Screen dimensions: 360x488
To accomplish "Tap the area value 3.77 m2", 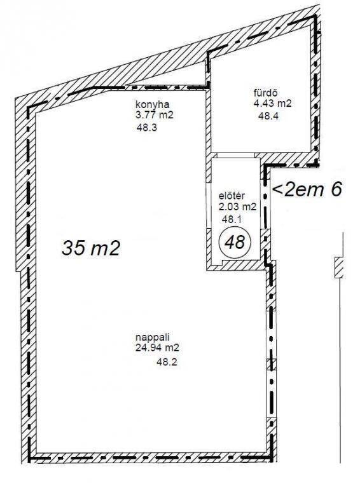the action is click(x=154, y=116).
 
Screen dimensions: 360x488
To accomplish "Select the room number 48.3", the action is click(x=146, y=127).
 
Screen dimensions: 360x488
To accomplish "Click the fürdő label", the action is click(x=265, y=93).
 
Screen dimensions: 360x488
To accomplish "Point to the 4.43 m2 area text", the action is click(x=272, y=104).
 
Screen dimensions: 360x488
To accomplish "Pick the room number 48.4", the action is click(x=268, y=116).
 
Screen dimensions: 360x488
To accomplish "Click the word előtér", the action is click(x=232, y=196).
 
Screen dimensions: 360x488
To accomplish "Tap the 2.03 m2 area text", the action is click(x=238, y=207).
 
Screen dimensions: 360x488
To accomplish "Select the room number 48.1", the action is click(x=232, y=219).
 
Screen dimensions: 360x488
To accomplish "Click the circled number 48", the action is click(x=235, y=242).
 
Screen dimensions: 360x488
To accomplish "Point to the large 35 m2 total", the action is click(x=90, y=248).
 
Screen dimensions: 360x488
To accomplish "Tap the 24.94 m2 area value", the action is click(x=157, y=348).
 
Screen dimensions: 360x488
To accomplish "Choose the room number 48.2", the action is click(x=167, y=362).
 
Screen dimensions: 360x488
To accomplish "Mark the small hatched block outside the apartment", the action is click(x=339, y=268).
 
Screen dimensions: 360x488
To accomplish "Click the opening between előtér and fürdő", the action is click(x=236, y=155).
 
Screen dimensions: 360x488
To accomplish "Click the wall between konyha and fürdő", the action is click(x=209, y=121).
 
